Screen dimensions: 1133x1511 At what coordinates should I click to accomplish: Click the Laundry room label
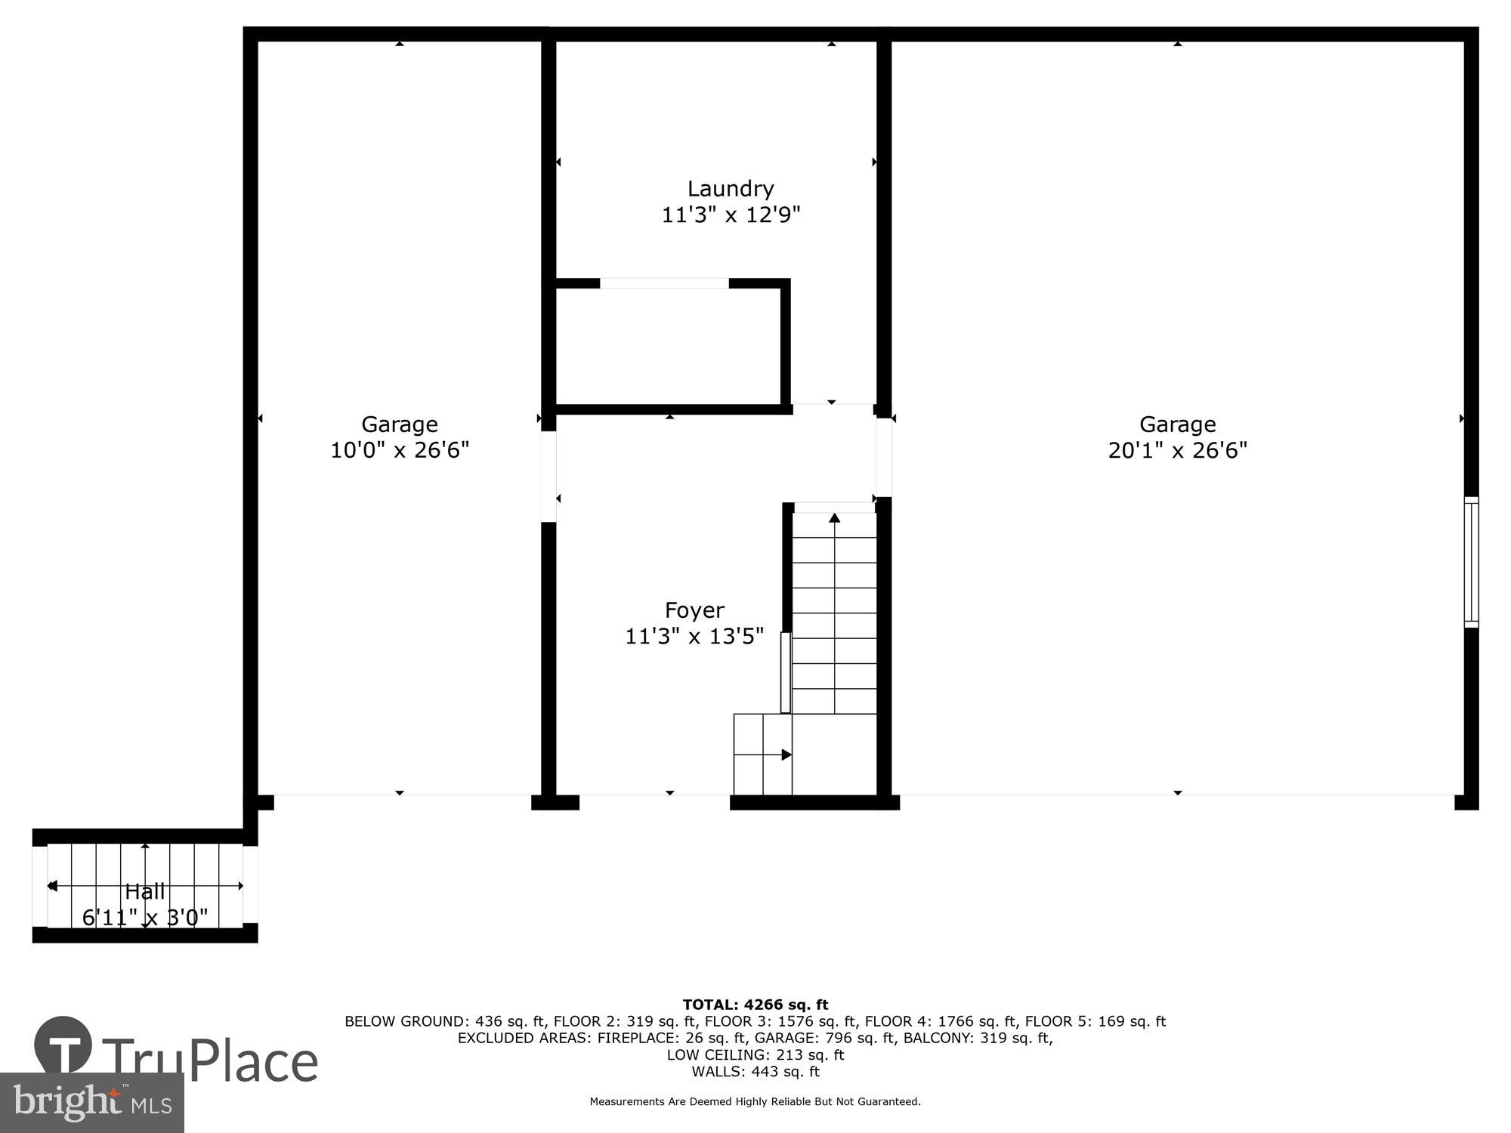[730, 188]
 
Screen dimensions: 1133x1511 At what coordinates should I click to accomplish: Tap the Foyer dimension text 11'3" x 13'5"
[694, 637]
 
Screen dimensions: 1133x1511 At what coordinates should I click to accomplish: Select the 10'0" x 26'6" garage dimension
[400, 450]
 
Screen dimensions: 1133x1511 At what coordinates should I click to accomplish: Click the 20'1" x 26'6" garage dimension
[1177, 450]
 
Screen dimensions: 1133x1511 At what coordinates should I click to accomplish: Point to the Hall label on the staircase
[145, 891]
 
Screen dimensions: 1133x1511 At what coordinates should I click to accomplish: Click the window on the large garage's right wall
[1471, 562]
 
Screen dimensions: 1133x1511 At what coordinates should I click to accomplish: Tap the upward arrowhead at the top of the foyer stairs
[834, 518]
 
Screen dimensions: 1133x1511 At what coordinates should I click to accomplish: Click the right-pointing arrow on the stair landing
[786, 755]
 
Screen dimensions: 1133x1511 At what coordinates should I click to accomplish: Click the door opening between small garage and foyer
[549, 476]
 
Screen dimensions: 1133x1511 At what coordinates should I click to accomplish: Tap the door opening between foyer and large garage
[883, 458]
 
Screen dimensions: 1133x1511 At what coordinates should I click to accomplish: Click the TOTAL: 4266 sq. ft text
[755, 1005]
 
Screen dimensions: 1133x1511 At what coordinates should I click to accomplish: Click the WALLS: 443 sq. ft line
[755, 1071]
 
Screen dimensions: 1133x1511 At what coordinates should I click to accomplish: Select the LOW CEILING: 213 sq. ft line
[755, 1054]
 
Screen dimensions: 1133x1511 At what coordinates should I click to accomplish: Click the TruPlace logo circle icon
[63, 1046]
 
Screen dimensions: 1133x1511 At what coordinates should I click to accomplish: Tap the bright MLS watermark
[92, 1103]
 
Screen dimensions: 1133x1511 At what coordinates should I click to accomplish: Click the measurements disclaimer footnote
[755, 1102]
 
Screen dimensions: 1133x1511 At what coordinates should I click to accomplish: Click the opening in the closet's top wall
[664, 283]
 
